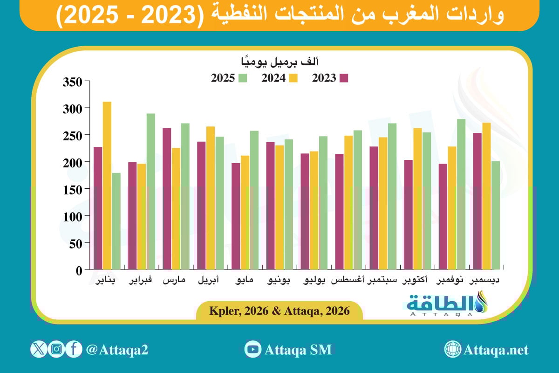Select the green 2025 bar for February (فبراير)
coord(150,191)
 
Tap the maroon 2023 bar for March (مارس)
coord(167,199)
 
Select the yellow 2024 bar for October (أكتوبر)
coord(417,199)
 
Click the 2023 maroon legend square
coord(344,78)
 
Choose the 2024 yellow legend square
coord(293,78)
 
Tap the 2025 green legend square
coord(242,78)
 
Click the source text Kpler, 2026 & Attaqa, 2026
coord(279,311)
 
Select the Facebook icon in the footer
coord(74,349)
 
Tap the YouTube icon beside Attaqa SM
coord(253,349)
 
